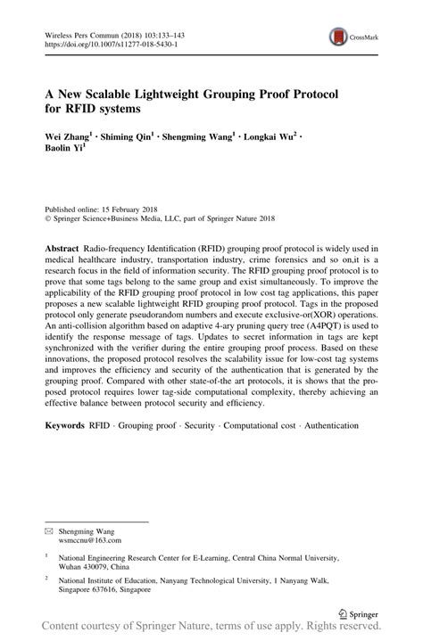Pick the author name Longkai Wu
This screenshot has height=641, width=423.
coord(275,138)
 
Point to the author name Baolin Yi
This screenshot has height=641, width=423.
coord(64,151)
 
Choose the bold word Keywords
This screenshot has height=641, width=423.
coord(65,426)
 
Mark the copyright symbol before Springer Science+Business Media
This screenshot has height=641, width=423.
coord(48,216)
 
